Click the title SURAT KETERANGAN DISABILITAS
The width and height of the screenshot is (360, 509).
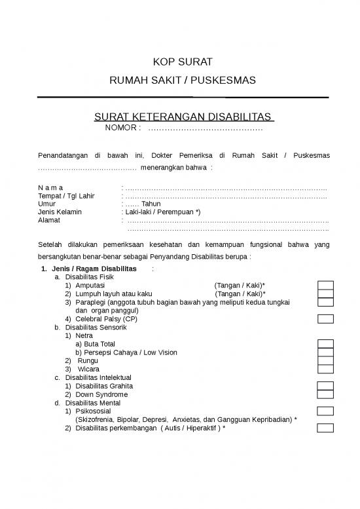point(183,117)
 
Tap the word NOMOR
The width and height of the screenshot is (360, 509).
point(123,127)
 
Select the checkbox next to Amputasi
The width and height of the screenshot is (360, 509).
point(325,286)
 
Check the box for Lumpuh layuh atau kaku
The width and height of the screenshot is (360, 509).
point(325,294)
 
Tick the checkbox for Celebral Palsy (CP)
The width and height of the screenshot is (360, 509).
point(325,319)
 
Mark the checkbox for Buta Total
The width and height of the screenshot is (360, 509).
point(325,344)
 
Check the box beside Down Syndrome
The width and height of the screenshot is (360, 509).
point(325,394)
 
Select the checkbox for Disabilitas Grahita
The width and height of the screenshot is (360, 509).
point(325,386)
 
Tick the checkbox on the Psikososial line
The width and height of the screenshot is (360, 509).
point(325,411)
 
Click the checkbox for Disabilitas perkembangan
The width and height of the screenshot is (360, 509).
point(325,428)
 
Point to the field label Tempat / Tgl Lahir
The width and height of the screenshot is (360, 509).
point(66,196)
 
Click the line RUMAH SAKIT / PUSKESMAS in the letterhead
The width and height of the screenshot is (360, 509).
point(183,81)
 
